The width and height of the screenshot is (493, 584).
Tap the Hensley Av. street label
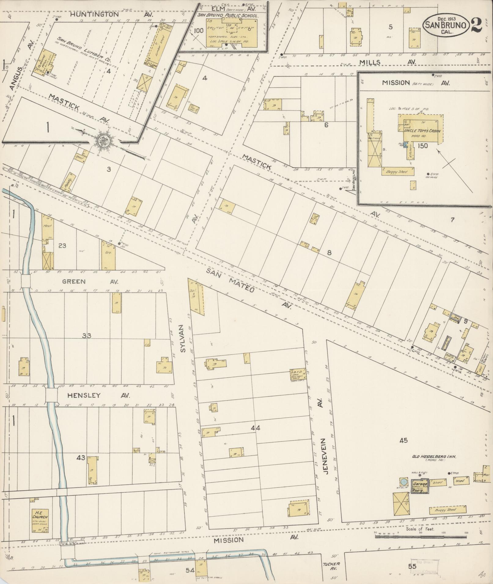tap(98, 396)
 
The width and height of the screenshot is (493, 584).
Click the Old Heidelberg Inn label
tap(434, 466)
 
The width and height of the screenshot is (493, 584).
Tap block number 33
tap(86, 336)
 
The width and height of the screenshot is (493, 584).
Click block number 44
tap(255, 428)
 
